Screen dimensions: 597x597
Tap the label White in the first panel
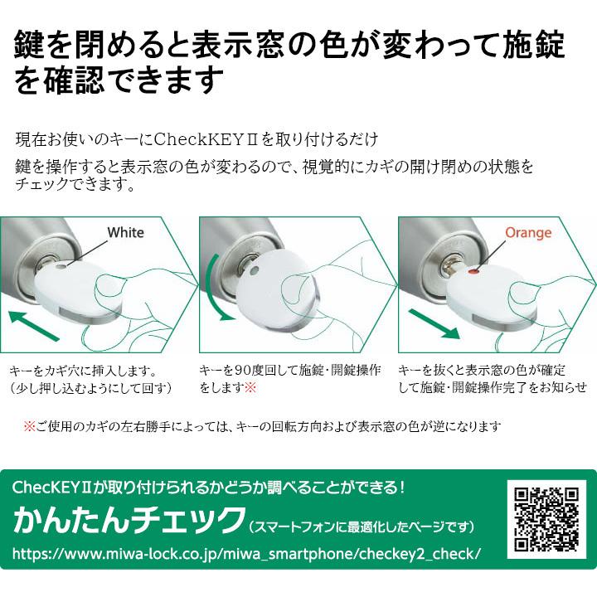click(125, 232)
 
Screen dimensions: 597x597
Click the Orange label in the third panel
click(528, 232)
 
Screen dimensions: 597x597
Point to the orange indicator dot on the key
click(473, 271)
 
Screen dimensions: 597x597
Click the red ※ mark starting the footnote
click(29, 426)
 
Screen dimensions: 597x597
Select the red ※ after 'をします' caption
click(250, 387)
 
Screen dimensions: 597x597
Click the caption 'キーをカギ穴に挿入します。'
click(83, 371)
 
